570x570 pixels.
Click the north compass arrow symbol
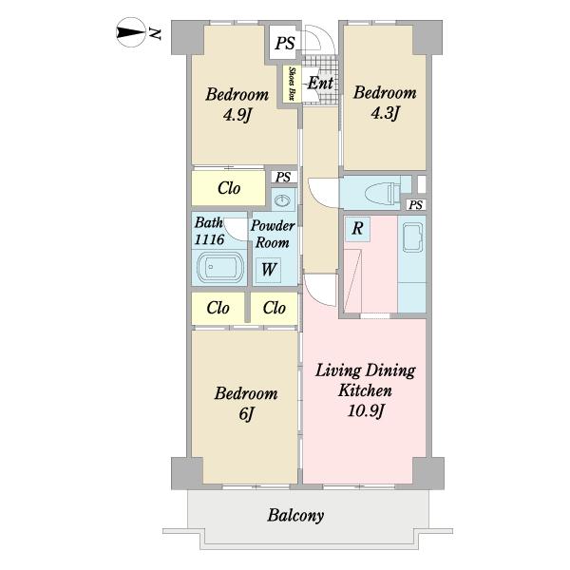click(131, 32)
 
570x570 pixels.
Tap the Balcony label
click(295, 516)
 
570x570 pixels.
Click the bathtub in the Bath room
click(219, 267)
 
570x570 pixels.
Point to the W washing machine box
click(268, 270)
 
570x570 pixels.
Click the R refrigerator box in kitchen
click(358, 229)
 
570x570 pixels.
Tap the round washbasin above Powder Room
click(282, 200)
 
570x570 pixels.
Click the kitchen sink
click(413, 237)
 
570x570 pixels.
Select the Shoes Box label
click(292, 84)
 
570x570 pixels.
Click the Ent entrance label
click(320, 84)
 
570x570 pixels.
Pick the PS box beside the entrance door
click(285, 44)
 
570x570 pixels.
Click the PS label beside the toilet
click(416, 205)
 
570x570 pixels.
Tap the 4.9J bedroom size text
click(237, 116)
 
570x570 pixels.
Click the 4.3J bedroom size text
click(385, 113)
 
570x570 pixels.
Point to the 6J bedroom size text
click(246, 413)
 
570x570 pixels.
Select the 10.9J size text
click(366, 411)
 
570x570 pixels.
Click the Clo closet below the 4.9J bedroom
click(229, 188)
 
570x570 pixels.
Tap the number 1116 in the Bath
click(209, 239)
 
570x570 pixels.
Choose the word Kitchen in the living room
click(365, 390)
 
